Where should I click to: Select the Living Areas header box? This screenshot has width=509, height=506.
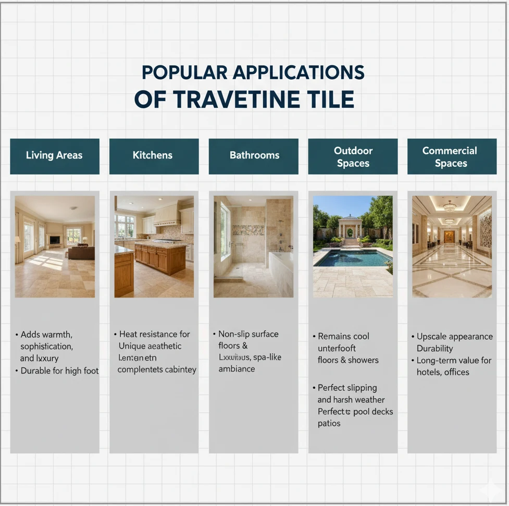click(x=54, y=156)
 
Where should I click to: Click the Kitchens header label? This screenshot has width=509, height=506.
click(x=153, y=156)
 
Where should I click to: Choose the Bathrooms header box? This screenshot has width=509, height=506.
click(x=254, y=156)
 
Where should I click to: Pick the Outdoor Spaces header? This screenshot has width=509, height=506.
click(x=353, y=156)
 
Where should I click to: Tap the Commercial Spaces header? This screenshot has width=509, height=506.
click(x=451, y=156)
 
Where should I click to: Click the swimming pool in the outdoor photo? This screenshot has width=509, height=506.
click(x=352, y=258)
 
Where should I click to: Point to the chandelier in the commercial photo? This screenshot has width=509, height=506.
click(x=450, y=207)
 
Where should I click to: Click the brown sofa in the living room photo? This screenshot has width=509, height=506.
click(x=81, y=253)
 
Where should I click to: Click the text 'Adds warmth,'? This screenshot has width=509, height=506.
click(x=46, y=335)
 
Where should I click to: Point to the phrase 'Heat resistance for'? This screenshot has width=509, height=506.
click(x=154, y=335)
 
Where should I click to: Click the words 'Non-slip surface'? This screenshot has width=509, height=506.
click(x=248, y=334)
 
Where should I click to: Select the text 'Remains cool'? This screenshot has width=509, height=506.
click(x=343, y=337)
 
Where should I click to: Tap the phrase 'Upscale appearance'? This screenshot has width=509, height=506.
click(x=454, y=337)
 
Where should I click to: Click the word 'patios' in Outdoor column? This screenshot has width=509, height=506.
click(x=329, y=424)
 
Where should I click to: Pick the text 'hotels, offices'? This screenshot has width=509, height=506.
click(x=443, y=372)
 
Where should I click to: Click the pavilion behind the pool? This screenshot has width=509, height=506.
click(x=350, y=227)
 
